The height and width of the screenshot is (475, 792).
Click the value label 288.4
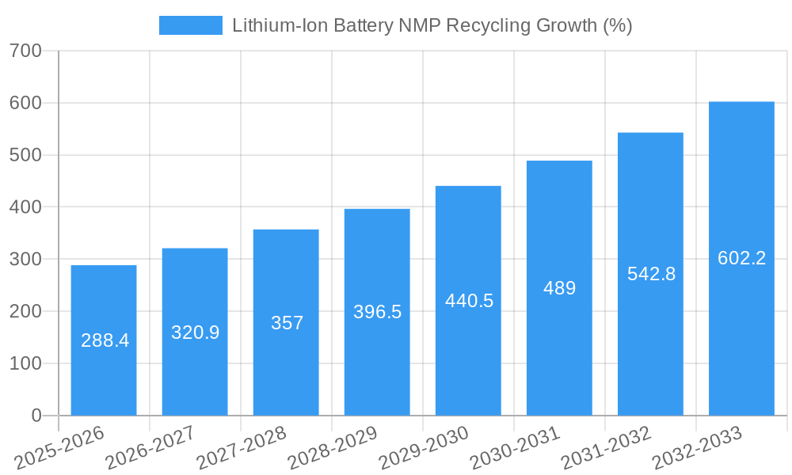(105, 340)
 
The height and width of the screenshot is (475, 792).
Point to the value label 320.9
(195, 332)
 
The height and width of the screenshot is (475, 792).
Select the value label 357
(286, 323)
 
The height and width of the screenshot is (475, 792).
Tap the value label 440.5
(469, 301)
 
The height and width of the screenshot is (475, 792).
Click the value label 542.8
(651, 274)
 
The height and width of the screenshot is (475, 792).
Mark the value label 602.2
(741, 258)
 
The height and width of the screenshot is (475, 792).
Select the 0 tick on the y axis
(36, 416)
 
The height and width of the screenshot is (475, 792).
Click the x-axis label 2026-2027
(150, 448)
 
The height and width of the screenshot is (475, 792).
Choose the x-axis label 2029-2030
(424, 448)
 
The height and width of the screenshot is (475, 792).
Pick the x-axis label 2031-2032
(606, 448)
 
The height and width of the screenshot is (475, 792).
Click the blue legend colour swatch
(191, 25)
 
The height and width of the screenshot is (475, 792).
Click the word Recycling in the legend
(487, 25)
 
